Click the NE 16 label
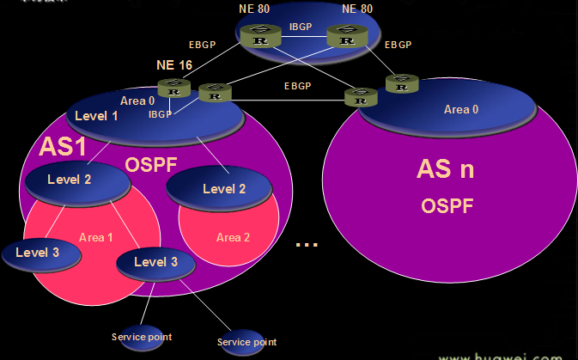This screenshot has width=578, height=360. pos(174,65)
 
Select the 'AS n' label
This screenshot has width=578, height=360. pos(445,168)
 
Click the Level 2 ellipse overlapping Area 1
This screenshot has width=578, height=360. pos(70,180)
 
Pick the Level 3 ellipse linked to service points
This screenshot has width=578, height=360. pos(157,263)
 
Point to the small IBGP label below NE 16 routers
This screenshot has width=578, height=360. pos(160,113)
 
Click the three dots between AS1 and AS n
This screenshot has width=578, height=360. pos(307,245)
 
